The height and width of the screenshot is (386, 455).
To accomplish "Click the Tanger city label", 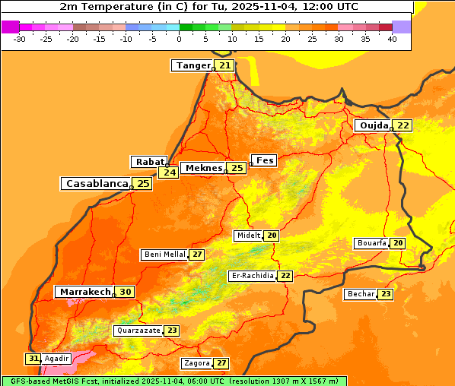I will tap(192, 65).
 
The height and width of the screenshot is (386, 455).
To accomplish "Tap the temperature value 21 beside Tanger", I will tap(224, 65).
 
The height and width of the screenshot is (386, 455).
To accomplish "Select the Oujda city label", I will tap(374, 125).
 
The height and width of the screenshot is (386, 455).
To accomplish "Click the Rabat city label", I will tap(149, 162).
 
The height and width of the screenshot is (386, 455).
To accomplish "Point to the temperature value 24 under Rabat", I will tap(168, 172).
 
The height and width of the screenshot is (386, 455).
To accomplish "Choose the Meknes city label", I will tap(202, 168).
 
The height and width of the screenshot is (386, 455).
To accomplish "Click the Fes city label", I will tap(265, 160).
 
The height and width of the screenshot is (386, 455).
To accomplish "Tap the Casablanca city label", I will tap(96, 184).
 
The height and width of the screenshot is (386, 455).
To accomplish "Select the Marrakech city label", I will tap(84, 292).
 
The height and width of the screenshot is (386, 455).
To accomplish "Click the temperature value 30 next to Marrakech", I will tap(125, 292).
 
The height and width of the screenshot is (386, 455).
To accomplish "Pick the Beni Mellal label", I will tap(164, 255).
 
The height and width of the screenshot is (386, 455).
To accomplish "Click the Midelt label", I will tap(248, 236).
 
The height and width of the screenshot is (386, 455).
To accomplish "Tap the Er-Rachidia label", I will tap(252, 276).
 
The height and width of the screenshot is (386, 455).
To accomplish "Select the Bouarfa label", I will tap(371, 243).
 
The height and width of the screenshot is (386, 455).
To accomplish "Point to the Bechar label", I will tap(361, 294).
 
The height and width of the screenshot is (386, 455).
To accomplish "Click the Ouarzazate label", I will tap(138, 331).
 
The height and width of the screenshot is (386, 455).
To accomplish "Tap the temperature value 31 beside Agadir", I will tap(33, 358).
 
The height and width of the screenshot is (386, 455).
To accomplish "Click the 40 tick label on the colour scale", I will tap(392, 38).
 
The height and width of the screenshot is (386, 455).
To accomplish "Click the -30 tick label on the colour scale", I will tap(20, 38).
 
